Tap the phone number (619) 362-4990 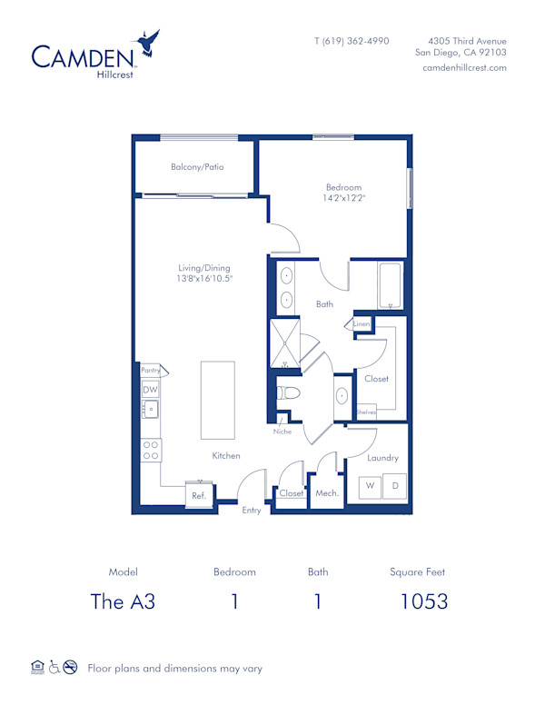[x=352, y=41]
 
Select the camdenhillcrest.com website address [x=464, y=68]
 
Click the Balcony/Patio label [x=197, y=167]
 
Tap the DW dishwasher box [x=150, y=390]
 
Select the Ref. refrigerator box [x=198, y=496]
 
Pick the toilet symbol [x=288, y=394]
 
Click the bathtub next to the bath [x=389, y=284]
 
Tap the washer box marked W [x=371, y=486]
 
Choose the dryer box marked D [x=395, y=486]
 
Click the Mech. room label [x=326, y=493]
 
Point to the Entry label [x=252, y=511]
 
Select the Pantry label [x=151, y=371]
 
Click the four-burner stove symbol [x=151, y=449]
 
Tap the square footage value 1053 [x=424, y=601]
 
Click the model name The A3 [x=124, y=601]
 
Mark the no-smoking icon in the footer [x=71, y=668]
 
